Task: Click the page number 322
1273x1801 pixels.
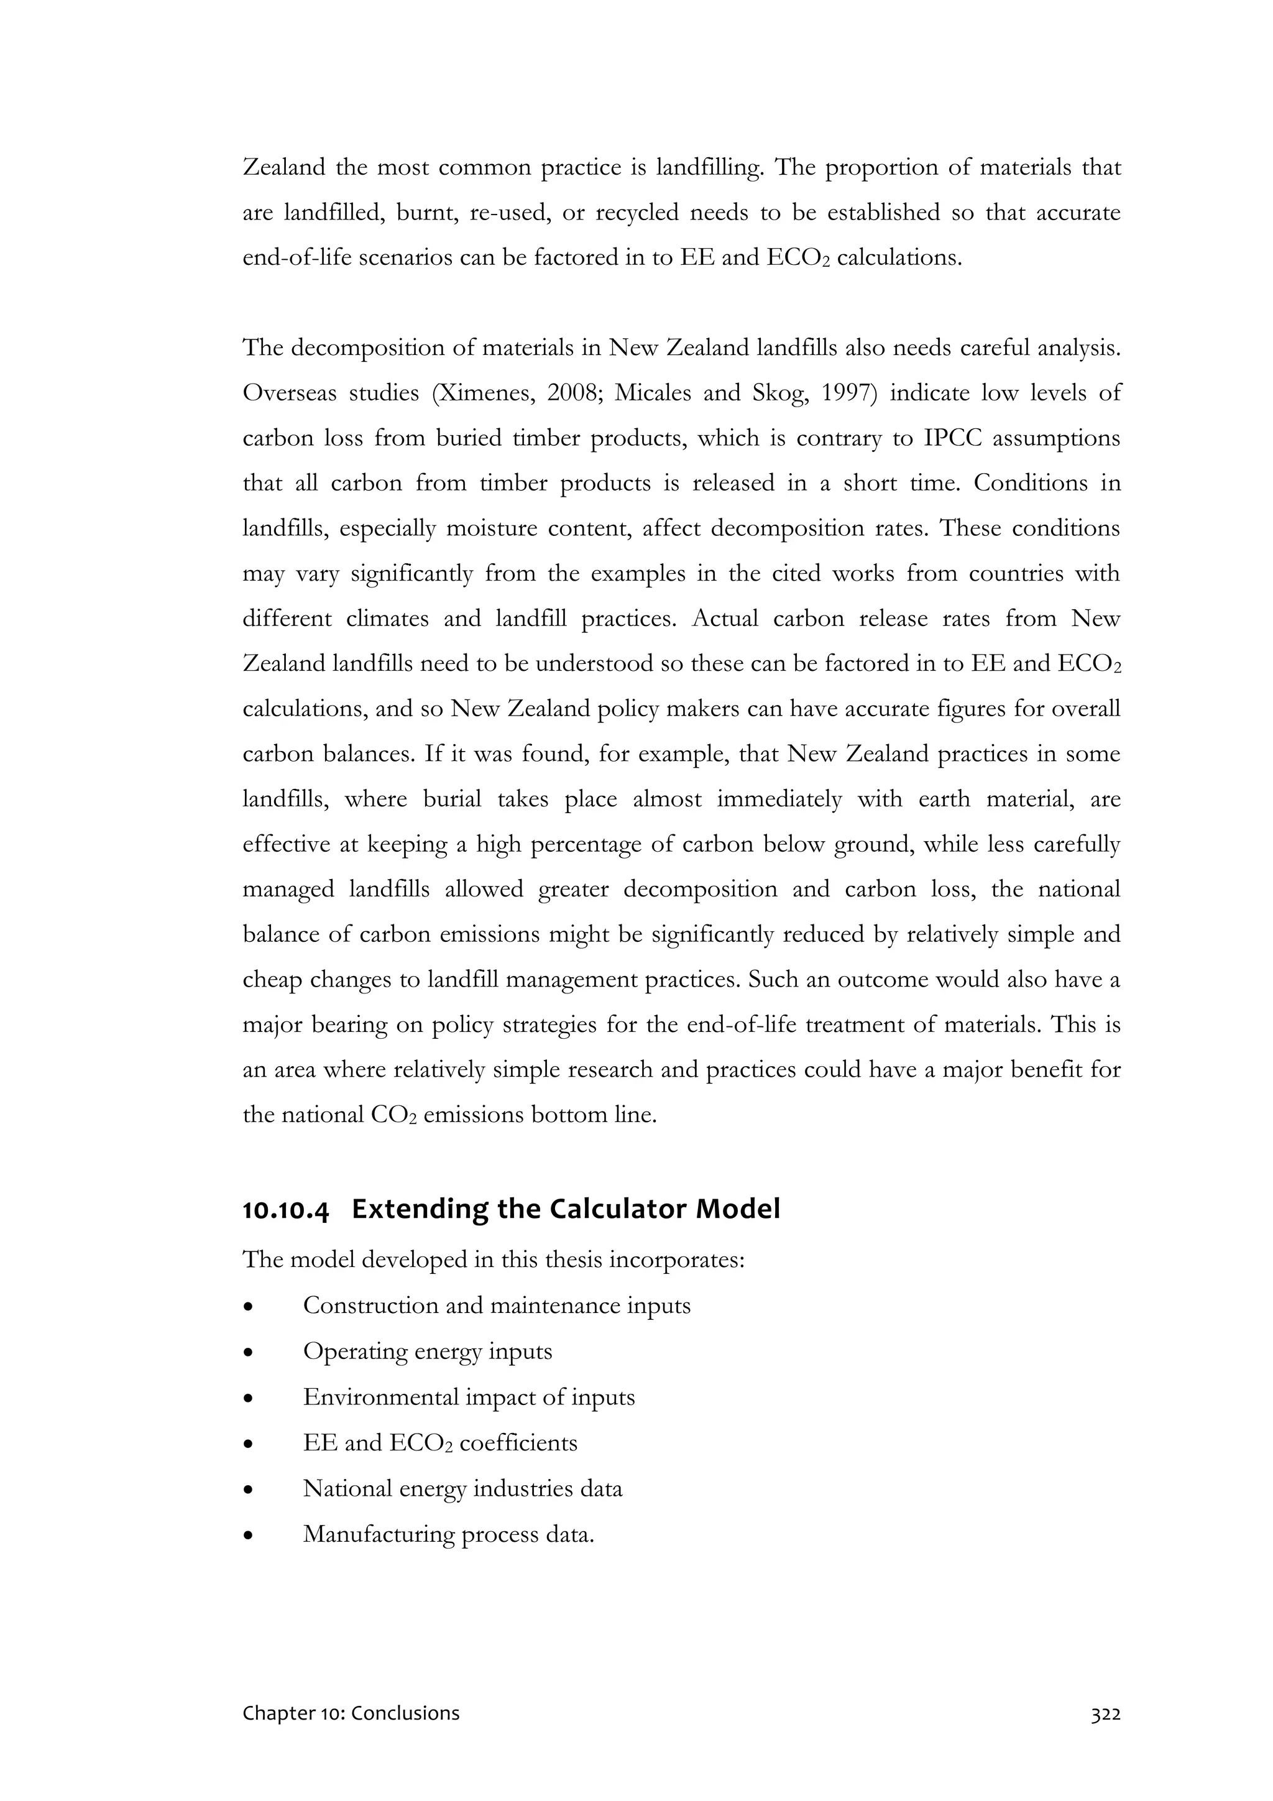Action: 1105,1713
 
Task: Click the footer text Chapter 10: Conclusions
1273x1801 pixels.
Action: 351,1713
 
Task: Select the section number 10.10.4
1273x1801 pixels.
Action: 285,1210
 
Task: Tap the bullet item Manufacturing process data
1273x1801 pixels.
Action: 449,1534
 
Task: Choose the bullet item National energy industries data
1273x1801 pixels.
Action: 462,1488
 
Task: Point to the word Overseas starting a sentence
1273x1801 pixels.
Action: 288,393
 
